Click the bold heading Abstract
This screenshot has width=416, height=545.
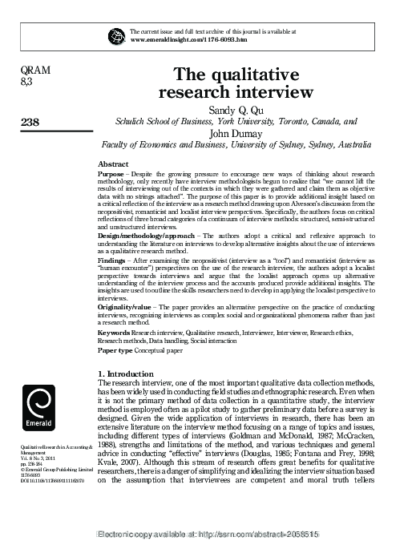point(113,163)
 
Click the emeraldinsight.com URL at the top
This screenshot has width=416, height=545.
point(188,38)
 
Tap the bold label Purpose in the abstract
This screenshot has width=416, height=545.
point(111,173)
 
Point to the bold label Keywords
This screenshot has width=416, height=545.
point(115,332)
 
